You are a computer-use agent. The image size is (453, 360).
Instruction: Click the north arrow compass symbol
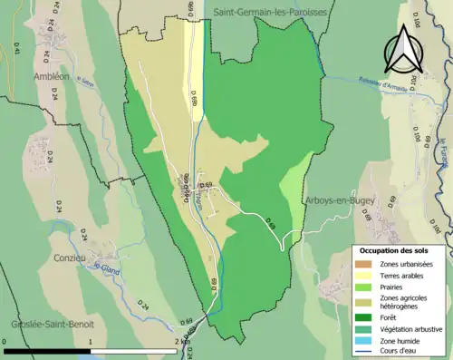coord(402,49)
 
